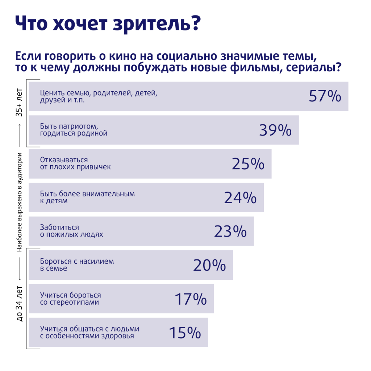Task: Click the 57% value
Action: tap(325, 96)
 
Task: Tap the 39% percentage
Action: tap(275, 130)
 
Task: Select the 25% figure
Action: tap(248, 164)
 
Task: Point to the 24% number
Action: tap(240, 197)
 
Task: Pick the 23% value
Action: tap(230, 231)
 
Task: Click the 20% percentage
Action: tap(209, 265)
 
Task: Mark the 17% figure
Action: tap(191, 299)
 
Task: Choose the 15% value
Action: tap(185, 333)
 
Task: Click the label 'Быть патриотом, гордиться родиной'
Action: tap(74, 130)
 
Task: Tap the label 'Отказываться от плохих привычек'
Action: tap(75, 163)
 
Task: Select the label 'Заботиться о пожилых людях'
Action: tap(71, 231)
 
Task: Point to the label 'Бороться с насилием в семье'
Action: tap(77, 264)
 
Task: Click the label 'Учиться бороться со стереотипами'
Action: tap(70, 299)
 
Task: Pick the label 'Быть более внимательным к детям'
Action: tap(87, 197)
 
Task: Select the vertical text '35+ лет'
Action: tap(20, 103)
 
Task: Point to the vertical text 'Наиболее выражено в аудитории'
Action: tap(20, 202)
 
